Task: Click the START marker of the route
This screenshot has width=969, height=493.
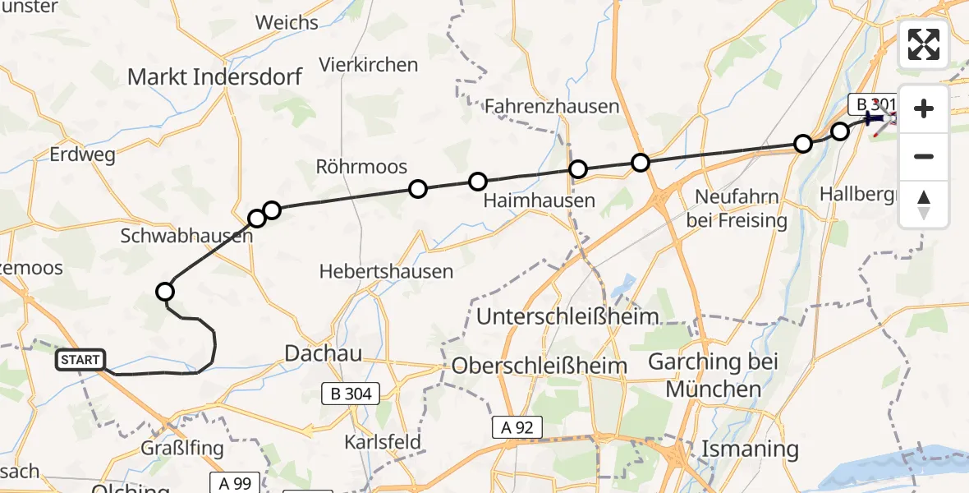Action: (81, 360)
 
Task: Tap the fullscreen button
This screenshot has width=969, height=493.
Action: (924, 44)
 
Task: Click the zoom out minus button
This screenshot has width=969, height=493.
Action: (924, 157)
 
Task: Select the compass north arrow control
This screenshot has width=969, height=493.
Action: (924, 205)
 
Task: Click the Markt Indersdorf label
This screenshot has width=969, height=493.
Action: (214, 77)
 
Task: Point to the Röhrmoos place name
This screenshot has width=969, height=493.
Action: (361, 167)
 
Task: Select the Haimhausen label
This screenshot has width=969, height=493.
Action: (539, 200)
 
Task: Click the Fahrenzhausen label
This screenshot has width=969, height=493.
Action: (551, 106)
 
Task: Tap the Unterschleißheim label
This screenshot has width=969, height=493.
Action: (567, 316)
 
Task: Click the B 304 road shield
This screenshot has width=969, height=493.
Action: (352, 394)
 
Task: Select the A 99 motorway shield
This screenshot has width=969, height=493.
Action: (235, 483)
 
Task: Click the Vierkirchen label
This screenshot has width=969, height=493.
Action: (369, 64)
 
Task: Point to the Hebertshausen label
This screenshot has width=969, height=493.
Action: (386, 271)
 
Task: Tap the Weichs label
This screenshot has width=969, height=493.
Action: (287, 22)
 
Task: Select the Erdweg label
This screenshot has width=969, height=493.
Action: (83, 154)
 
